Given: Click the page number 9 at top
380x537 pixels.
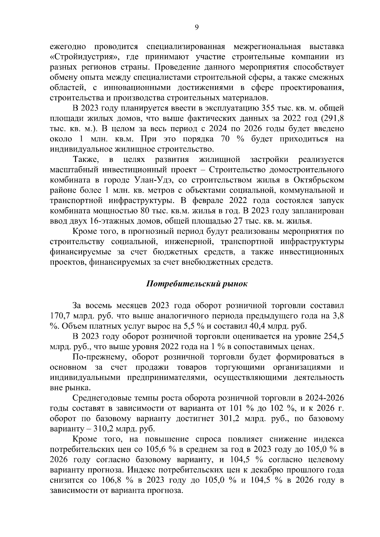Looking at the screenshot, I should click(196, 28).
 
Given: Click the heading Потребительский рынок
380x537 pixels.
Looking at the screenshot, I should click(196, 284).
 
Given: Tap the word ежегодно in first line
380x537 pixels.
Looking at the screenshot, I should click(68, 47).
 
